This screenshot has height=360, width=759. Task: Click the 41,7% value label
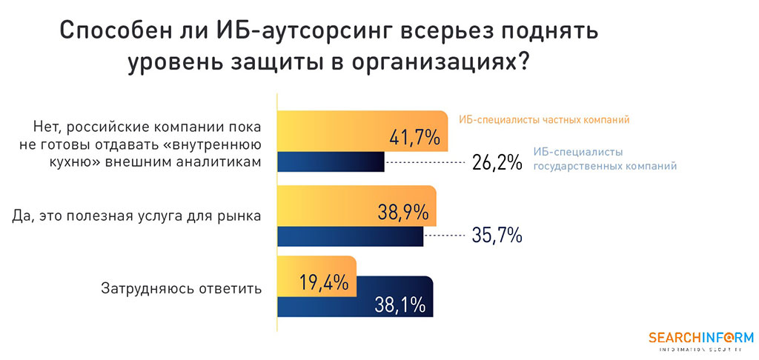tap(414, 137)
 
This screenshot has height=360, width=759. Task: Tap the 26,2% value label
tap(497, 162)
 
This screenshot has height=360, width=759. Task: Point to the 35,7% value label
tap(497, 236)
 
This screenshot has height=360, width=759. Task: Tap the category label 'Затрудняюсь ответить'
tap(182, 288)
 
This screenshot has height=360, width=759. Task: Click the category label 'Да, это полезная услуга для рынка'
tap(136, 216)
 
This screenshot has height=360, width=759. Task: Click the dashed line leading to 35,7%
tap(444, 236)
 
